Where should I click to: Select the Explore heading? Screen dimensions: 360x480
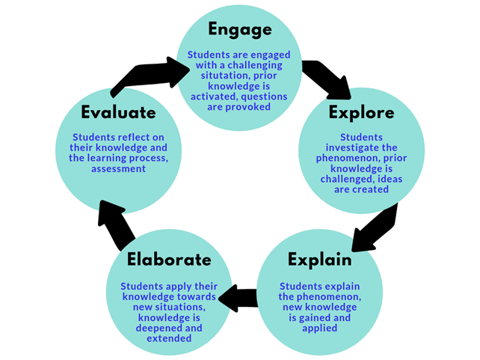pos(361,114)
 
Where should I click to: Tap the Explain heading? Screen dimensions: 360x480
pos(319,260)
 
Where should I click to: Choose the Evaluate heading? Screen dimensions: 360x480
pos(118,113)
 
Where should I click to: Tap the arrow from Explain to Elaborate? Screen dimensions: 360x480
pos(240,298)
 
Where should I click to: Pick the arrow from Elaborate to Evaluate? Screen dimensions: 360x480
pos(114,225)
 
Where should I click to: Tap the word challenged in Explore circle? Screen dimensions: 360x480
pos(336,180)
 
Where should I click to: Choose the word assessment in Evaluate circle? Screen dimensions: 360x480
pos(118,169)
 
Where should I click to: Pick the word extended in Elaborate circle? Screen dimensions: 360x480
pos(170,338)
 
